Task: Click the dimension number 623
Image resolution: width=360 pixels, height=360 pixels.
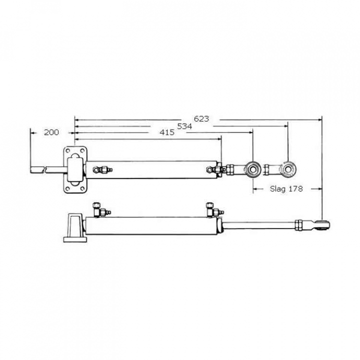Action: [x=201, y=118]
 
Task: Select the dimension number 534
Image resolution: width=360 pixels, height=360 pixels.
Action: [x=184, y=126]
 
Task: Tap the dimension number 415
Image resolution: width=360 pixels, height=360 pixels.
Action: [x=167, y=132]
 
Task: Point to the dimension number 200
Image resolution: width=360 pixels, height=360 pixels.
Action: [x=51, y=132]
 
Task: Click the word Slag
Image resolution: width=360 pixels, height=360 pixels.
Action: [x=278, y=189]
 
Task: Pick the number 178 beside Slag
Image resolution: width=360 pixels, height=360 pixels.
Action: [x=295, y=188]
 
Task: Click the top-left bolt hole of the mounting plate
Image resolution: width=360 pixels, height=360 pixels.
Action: [x=67, y=150]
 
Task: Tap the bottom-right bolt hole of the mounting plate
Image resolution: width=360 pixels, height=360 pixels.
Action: [x=82, y=188]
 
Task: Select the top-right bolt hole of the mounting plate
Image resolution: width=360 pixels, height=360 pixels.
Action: [x=82, y=150]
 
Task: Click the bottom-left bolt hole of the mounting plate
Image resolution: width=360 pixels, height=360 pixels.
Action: [x=67, y=188]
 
